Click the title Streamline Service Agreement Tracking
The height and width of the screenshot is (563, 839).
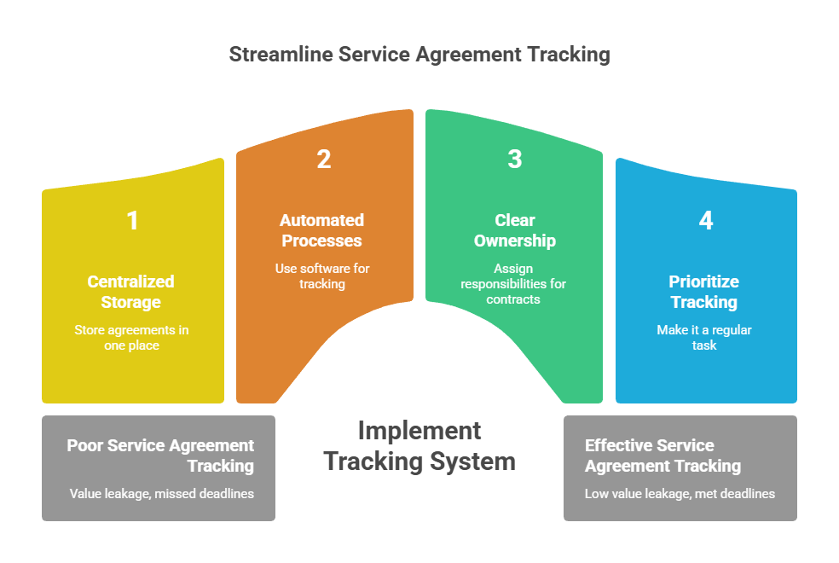point(419,55)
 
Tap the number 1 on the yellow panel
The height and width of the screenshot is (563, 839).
point(132,221)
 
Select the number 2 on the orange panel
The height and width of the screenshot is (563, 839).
point(323,160)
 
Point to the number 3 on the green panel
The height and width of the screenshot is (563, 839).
point(514,160)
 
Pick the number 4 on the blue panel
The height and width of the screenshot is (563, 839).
point(705,221)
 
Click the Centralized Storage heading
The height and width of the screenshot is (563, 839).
point(131,291)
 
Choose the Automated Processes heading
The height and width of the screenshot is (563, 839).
point(322,230)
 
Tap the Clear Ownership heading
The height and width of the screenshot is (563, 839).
point(514,230)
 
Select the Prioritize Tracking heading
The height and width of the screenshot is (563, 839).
point(704,291)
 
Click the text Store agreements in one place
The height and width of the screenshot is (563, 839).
point(131,338)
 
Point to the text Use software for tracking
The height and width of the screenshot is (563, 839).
point(322,276)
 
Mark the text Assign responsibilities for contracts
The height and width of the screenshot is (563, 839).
point(513,283)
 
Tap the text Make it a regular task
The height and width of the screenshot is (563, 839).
point(704,338)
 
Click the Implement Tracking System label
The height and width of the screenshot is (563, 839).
point(419,445)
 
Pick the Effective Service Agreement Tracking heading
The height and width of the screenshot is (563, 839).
point(662,456)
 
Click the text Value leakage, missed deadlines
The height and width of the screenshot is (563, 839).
point(162,493)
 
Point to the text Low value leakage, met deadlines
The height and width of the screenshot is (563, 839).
point(680,493)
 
